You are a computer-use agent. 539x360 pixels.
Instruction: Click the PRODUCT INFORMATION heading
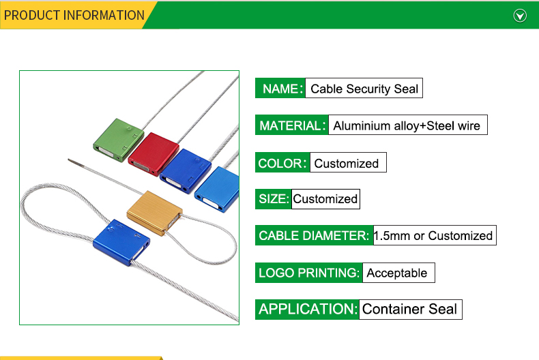[x=74, y=16]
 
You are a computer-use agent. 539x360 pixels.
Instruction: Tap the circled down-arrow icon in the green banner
[x=520, y=16]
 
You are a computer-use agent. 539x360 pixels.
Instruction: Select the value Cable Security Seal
[x=364, y=89]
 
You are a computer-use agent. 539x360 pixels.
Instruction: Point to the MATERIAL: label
[x=292, y=125]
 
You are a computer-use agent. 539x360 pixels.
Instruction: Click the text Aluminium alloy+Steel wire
[x=407, y=125]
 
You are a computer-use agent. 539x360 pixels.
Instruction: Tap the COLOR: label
[x=282, y=163]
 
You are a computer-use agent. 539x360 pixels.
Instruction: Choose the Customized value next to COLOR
[x=347, y=163]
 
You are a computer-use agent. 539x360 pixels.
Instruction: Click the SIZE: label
[x=274, y=199]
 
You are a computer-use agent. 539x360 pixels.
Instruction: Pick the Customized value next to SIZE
[x=325, y=199]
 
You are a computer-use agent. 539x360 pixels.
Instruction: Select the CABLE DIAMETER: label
[x=313, y=236]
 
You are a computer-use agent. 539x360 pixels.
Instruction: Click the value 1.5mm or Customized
[x=433, y=236]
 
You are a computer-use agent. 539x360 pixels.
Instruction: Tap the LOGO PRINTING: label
[x=308, y=273]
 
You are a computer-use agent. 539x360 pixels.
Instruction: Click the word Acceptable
[x=397, y=273]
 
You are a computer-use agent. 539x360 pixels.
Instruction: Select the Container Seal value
[x=410, y=309]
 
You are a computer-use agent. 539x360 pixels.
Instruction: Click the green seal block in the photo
[x=118, y=140]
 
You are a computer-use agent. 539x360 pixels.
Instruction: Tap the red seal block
[x=154, y=154]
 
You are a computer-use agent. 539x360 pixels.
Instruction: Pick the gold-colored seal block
[x=155, y=213]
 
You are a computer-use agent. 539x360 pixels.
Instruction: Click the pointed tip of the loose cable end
[x=69, y=160]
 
